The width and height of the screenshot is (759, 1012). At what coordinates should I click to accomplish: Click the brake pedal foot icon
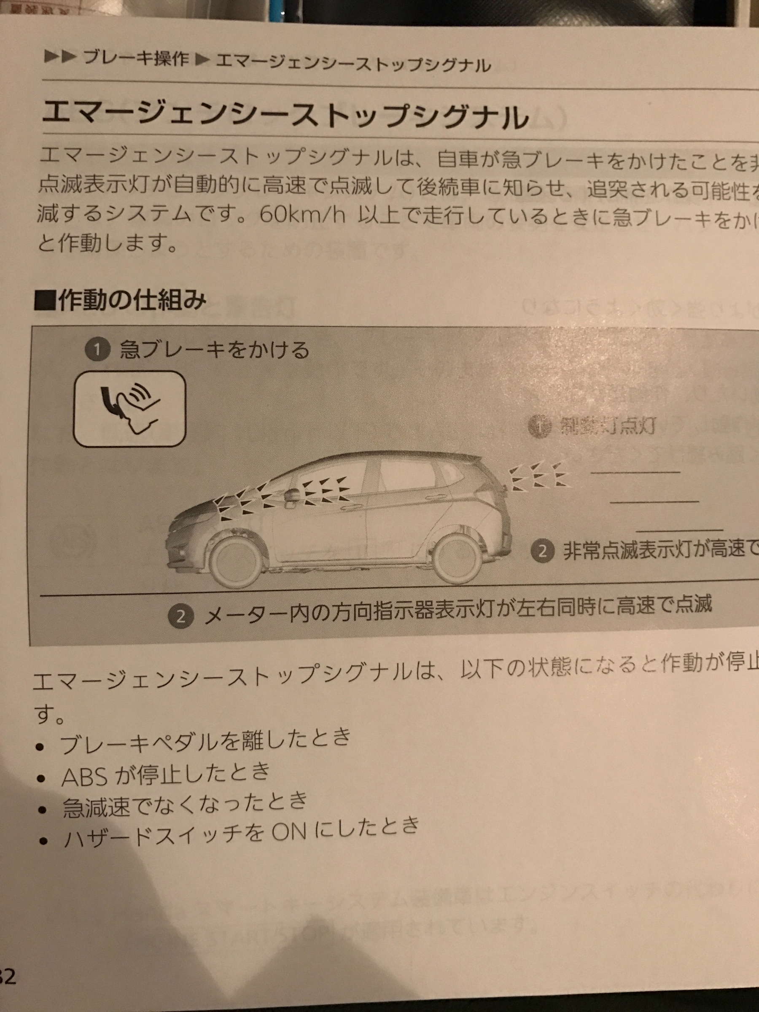click(129, 408)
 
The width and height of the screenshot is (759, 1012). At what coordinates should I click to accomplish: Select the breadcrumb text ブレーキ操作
click(136, 59)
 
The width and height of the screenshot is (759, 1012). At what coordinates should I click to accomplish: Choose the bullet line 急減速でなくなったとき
click(185, 806)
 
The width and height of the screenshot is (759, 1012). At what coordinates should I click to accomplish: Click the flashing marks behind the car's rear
click(539, 476)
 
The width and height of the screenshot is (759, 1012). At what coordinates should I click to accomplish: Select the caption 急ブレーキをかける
click(215, 350)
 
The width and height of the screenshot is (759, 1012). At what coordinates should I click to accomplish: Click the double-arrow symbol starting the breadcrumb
click(59, 57)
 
